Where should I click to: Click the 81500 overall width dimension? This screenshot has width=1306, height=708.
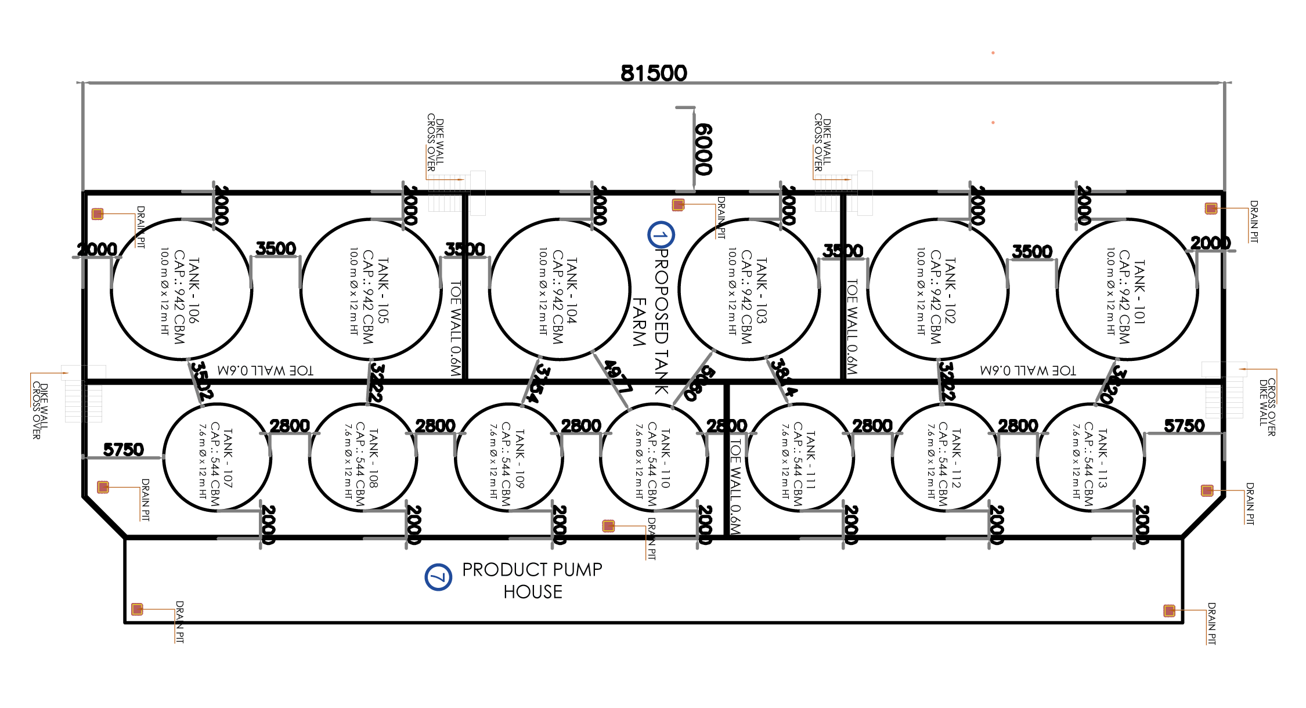(654, 73)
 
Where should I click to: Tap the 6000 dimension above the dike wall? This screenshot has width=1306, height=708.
(703, 149)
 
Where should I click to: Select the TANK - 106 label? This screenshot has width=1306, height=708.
(193, 290)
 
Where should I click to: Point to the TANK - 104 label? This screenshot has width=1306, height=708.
(572, 290)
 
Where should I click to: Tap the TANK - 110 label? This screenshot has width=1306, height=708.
(665, 458)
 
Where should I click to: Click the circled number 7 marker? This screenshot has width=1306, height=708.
(438, 577)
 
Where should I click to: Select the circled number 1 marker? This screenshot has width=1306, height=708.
(661, 235)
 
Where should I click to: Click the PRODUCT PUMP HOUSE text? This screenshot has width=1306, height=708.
(532, 580)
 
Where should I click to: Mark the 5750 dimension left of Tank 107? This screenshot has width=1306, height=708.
(123, 450)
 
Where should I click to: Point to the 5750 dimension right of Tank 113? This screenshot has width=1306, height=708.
(1184, 426)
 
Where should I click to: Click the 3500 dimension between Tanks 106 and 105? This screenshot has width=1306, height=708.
(276, 248)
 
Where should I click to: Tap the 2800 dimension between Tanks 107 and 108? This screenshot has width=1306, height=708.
(290, 426)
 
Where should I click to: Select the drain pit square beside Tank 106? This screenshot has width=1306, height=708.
(98, 214)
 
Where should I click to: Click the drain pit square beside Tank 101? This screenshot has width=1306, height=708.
(1211, 208)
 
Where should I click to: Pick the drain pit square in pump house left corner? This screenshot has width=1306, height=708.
(137, 609)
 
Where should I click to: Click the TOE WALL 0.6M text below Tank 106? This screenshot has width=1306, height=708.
(265, 370)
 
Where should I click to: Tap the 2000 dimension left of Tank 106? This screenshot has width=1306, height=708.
(97, 250)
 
